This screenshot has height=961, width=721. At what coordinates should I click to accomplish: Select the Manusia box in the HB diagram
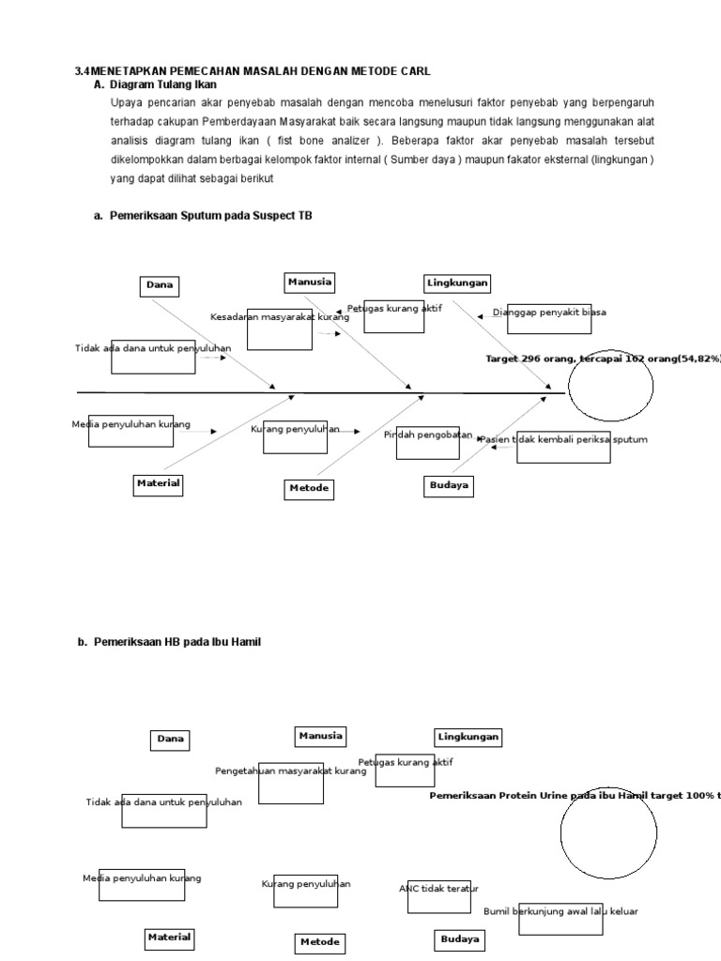click(320, 736)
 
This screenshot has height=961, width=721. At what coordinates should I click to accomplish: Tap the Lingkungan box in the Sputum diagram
click(458, 282)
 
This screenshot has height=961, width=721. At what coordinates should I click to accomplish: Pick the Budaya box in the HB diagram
click(460, 938)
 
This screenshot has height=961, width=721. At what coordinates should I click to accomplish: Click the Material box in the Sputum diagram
click(158, 483)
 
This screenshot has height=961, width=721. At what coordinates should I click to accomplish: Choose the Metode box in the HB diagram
click(320, 941)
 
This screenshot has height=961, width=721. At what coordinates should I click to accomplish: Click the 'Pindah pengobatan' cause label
click(428, 435)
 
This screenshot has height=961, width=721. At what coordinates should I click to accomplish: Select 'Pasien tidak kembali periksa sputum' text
click(562, 439)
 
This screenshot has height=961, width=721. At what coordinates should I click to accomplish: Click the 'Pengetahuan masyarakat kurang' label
click(290, 771)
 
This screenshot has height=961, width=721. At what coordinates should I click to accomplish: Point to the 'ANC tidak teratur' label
click(438, 888)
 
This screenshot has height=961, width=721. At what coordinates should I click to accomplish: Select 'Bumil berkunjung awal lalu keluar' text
click(560, 910)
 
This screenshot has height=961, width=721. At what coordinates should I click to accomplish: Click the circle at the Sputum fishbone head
click(611, 387)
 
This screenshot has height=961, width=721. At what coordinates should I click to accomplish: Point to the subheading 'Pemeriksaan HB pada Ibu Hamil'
click(177, 642)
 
